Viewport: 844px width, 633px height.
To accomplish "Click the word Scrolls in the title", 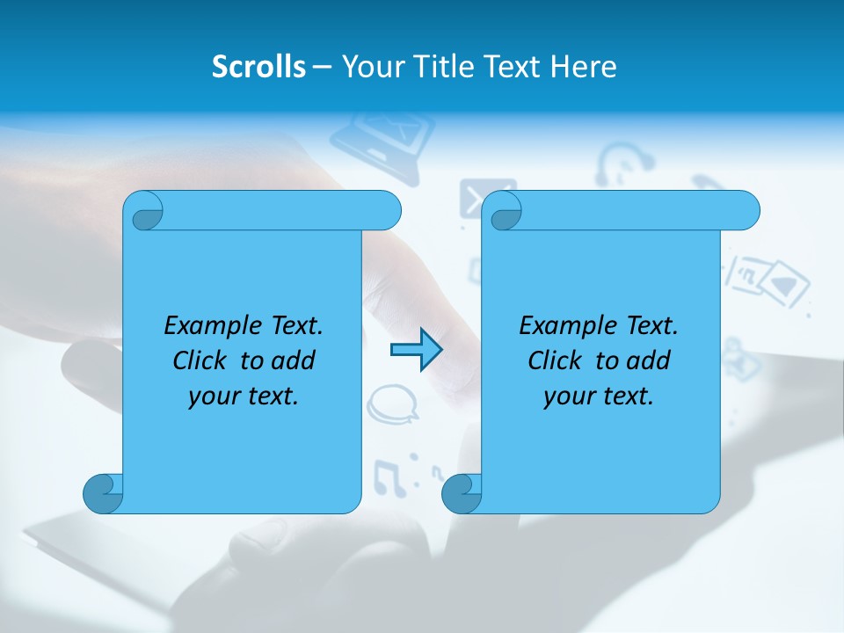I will [x=259, y=67].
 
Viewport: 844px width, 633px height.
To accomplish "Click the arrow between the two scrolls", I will [x=416, y=350].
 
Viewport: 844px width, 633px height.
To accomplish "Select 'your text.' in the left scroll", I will [x=244, y=396].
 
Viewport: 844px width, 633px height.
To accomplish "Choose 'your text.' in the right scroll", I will [x=599, y=396].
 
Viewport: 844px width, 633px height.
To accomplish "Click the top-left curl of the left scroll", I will [x=144, y=211].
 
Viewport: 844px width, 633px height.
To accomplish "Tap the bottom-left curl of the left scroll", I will [x=104, y=493].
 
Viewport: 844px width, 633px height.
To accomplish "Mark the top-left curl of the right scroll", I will [x=504, y=211].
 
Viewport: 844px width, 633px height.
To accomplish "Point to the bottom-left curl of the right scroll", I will [x=462, y=493].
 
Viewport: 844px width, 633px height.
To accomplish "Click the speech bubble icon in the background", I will [x=392, y=403].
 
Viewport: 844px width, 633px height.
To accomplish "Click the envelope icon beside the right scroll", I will [x=475, y=199].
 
